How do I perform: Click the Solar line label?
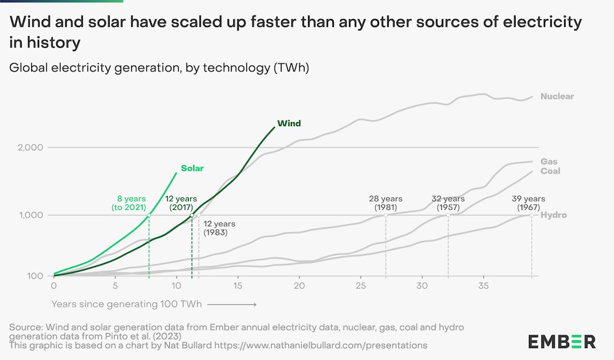coord(192,169)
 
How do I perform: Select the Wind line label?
coord(288,124)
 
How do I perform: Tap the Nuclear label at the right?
coord(556,97)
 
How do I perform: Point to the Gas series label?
coord(549,161)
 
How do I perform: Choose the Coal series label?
coord(550,171)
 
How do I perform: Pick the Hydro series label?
coord(553,215)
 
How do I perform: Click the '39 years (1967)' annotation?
coord(528,203)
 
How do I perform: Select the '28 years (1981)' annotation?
coord(386,203)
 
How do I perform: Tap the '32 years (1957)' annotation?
coord(448,203)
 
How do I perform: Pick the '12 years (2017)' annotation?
coord(181,203)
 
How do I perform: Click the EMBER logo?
coord(562,341)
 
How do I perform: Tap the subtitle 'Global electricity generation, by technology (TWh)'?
coord(159,68)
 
